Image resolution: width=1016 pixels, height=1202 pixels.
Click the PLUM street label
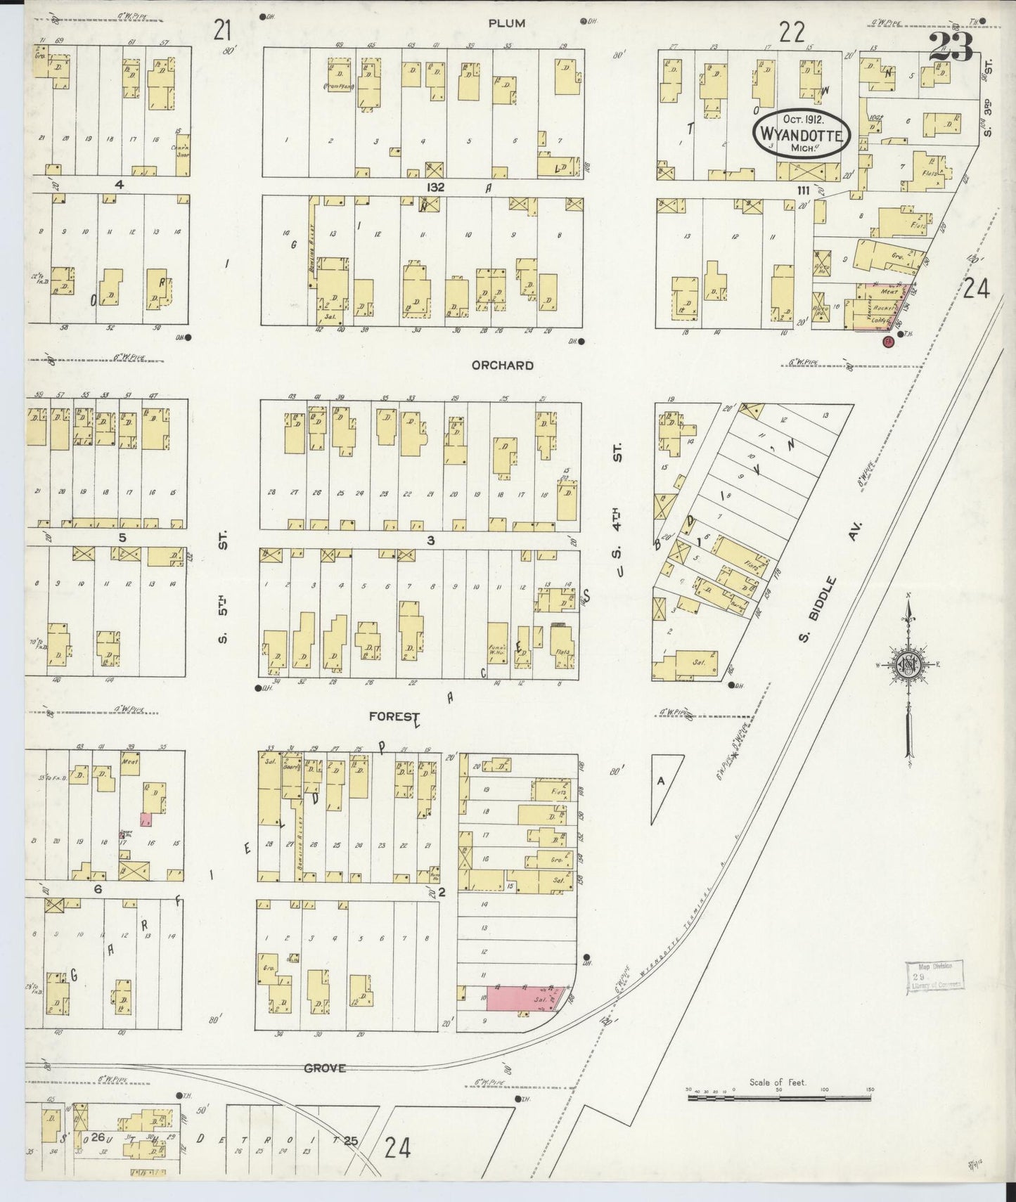click(507, 23)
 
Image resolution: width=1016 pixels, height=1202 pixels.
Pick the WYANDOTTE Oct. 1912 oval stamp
click(801, 131)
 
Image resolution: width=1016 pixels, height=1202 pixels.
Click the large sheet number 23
click(950, 48)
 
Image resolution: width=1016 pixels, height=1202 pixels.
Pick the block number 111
click(804, 190)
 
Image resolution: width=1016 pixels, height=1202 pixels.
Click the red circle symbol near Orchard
click(888, 342)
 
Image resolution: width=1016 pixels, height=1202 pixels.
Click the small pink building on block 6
click(146, 819)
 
